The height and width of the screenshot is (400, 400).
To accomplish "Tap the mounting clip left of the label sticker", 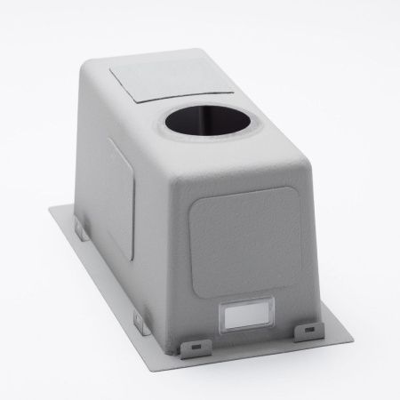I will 189,343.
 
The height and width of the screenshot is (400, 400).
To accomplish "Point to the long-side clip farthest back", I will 78,233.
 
